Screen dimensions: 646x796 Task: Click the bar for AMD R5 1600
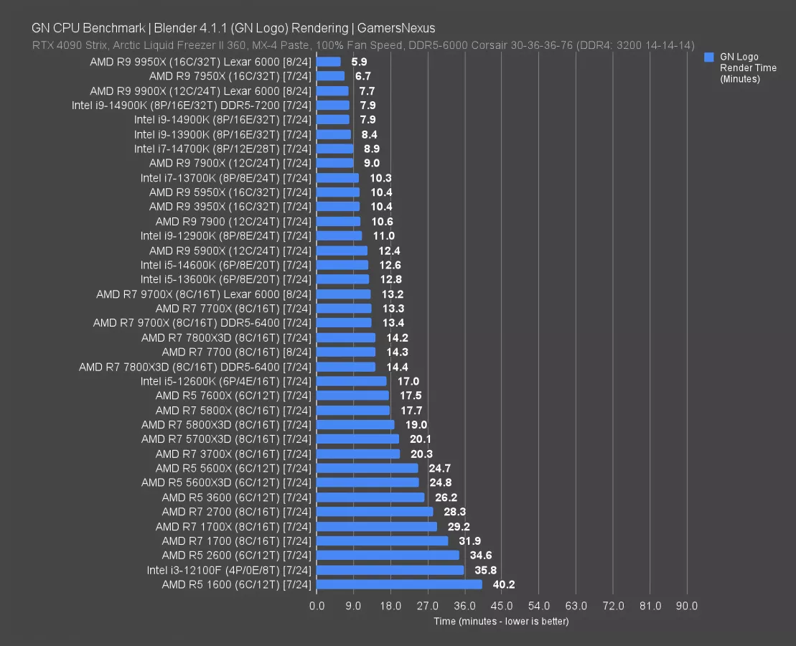click(x=399, y=584)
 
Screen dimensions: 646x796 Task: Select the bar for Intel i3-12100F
click(x=390, y=570)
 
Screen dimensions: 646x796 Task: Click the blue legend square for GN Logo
click(x=709, y=57)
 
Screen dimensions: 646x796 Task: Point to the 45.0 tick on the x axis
click(x=502, y=606)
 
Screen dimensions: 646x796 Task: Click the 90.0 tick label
click(x=687, y=606)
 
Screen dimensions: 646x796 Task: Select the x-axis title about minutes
click(x=501, y=621)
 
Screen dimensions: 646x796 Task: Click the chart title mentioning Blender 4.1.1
click(x=233, y=28)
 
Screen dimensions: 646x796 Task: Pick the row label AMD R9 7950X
click(x=230, y=76)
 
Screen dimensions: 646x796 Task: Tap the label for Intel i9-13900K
click(x=223, y=134)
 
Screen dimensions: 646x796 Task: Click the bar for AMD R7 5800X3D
click(x=355, y=424)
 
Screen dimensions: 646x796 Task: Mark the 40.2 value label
click(x=504, y=584)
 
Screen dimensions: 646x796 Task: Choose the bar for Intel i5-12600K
click(x=351, y=381)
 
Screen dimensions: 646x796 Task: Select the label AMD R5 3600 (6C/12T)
click(x=237, y=497)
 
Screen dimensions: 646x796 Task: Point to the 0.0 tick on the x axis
click(x=317, y=606)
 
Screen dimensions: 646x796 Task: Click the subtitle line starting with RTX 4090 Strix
click(x=362, y=45)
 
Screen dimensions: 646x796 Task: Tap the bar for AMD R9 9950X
click(x=329, y=62)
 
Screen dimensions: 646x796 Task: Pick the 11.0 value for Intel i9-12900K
click(x=383, y=235)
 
